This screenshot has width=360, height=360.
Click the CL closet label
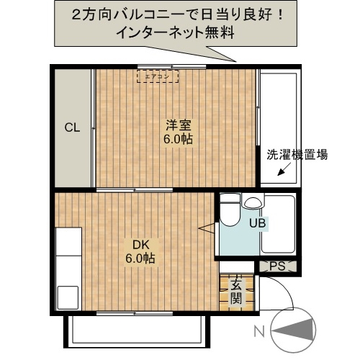click(72, 128)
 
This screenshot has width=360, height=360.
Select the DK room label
click(139, 243)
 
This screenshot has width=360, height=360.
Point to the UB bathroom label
click(258, 223)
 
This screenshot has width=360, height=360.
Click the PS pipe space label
click(278, 267)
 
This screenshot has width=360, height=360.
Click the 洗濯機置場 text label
click(297, 154)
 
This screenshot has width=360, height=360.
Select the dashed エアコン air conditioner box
click(158, 75)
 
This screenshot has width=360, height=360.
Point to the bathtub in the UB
click(278, 223)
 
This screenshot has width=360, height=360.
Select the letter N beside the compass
click(259, 331)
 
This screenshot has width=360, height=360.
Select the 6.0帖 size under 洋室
click(176, 138)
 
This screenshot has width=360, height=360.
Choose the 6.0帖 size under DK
click(139, 258)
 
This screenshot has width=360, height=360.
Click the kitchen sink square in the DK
click(68, 296)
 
